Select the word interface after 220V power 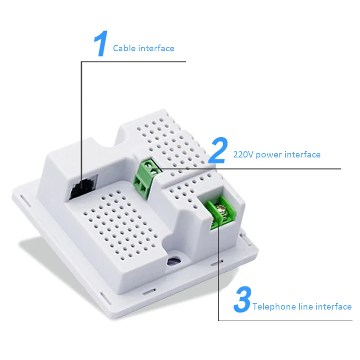tap(301, 155)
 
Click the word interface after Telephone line tap(333, 307)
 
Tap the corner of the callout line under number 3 tap(219, 320)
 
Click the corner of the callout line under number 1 tap(81, 62)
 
